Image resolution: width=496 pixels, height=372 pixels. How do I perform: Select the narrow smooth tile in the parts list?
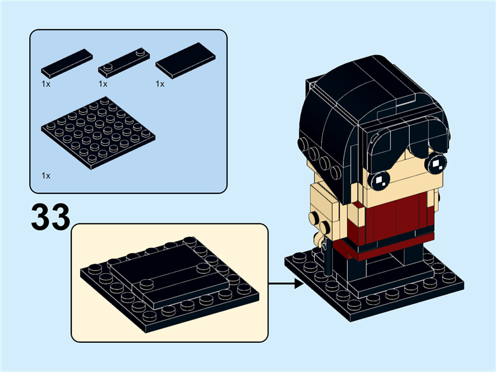tap(67, 63)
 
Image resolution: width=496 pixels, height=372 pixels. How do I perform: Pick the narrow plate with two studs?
tap(125, 63)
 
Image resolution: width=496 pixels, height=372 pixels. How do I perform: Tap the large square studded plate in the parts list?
tap(98, 133)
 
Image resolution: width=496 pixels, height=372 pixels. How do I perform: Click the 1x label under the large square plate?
tap(46, 175)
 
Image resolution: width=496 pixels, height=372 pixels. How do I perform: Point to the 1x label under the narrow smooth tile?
tap(46, 83)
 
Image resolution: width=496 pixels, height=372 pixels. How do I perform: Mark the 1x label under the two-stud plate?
tap(103, 83)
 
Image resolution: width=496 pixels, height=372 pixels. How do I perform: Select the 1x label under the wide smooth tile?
tap(160, 83)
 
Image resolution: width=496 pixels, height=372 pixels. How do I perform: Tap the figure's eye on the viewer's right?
tap(436, 163)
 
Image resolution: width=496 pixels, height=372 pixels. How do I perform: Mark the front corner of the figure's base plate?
tap(360, 313)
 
